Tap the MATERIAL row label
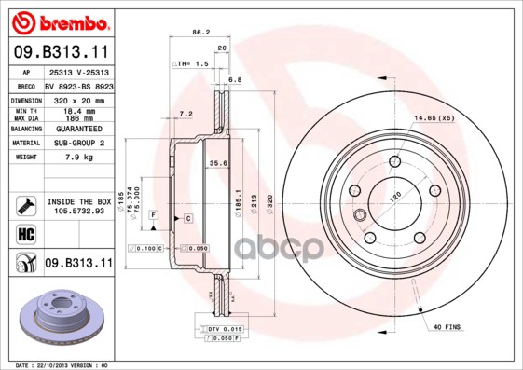click(x=25, y=144)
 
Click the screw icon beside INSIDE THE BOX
click(x=25, y=204)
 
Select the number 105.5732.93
click(x=78, y=211)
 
